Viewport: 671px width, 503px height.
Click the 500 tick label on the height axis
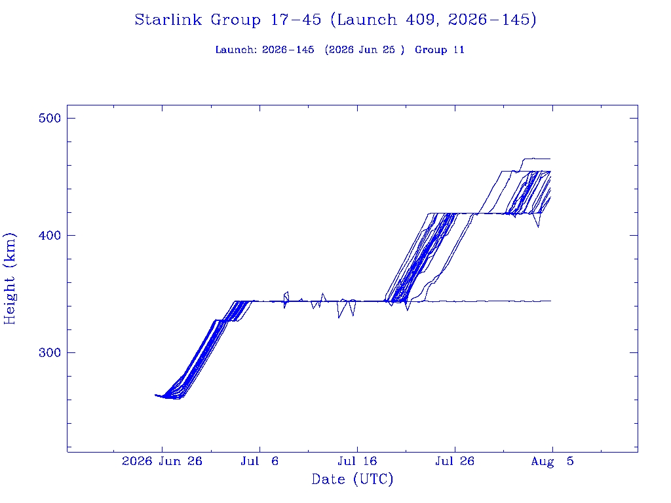50,118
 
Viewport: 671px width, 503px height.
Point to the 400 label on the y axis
50,235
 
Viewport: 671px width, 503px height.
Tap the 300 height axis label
50,352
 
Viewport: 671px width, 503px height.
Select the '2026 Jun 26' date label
162,461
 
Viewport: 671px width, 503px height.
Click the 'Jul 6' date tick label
259,461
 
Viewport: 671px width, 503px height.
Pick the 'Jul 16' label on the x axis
357,461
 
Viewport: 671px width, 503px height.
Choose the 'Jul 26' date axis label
455,461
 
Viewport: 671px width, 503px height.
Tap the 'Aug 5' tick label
552,461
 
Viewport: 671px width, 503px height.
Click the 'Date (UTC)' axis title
352,479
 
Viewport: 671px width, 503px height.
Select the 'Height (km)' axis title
9,278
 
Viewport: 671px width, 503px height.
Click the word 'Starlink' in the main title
168,20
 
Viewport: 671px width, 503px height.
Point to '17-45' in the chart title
296,20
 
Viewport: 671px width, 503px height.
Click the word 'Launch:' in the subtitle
236,50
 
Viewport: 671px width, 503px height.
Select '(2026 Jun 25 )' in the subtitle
364,50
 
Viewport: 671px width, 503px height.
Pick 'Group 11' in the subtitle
440,50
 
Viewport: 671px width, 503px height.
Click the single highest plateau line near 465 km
537,158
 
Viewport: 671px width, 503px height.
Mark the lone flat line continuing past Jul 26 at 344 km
488,301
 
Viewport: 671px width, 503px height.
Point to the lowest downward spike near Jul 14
339,317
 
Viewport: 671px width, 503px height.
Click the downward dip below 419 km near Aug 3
538,226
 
